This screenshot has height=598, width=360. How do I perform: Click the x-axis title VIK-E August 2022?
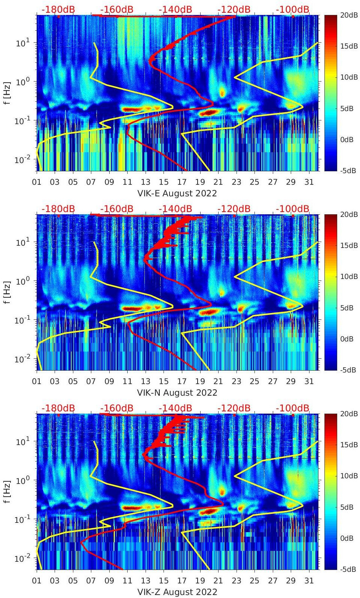(x=177, y=193)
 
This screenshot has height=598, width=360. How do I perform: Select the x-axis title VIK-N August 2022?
(x=177, y=393)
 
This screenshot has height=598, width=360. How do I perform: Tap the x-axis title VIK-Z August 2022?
(x=177, y=592)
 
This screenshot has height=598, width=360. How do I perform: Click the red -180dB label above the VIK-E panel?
(x=58, y=9)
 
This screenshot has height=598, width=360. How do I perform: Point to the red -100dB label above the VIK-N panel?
(x=293, y=209)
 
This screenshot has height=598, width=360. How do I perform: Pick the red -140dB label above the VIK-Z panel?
(x=175, y=408)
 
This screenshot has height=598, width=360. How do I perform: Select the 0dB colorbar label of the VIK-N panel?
(x=347, y=339)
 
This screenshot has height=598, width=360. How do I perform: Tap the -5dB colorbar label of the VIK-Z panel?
(x=348, y=569)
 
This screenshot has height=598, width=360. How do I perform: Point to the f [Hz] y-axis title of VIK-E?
(x=7, y=93)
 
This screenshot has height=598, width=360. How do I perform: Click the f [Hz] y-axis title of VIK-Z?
(x=7, y=491)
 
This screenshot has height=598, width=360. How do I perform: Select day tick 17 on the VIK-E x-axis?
(x=182, y=182)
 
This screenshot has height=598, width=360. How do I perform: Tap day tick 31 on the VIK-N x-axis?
(x=309, y=381)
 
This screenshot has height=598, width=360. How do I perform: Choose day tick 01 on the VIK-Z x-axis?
(x=37, y=581)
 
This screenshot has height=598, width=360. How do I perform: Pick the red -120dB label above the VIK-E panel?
(x=234, y=9)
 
